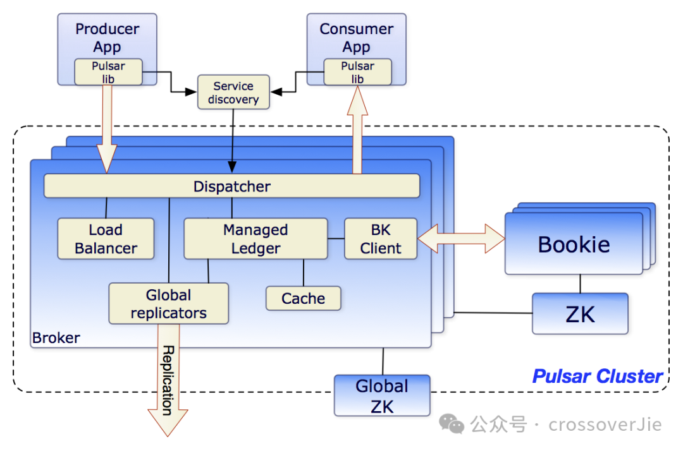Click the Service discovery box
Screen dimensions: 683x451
[233, 92]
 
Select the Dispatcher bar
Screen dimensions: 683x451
[231, 186]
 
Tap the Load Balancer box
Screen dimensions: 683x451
[106, 239]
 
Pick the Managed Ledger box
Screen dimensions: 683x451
[255, 239]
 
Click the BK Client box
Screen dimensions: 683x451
[381, 239]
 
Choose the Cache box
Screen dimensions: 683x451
[303, 298]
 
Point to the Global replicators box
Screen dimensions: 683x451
[169, 304]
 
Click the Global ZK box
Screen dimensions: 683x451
[382, 395]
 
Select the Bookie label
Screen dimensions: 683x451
[574, 244]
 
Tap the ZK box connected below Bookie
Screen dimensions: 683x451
[580, 313]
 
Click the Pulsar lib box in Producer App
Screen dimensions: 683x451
[109, 72]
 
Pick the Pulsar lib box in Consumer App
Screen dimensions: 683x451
[357, 72]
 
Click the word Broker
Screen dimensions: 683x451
[56, 338]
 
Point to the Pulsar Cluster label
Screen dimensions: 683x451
[598, 376]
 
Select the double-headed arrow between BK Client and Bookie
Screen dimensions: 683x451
[461, 238]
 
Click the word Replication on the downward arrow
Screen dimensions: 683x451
[168, 380]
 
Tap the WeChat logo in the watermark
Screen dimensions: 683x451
[452, 424]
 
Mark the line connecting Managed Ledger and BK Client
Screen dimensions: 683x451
[336, 239]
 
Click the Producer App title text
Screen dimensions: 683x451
[107, 38]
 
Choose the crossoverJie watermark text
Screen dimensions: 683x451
[605, 424]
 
